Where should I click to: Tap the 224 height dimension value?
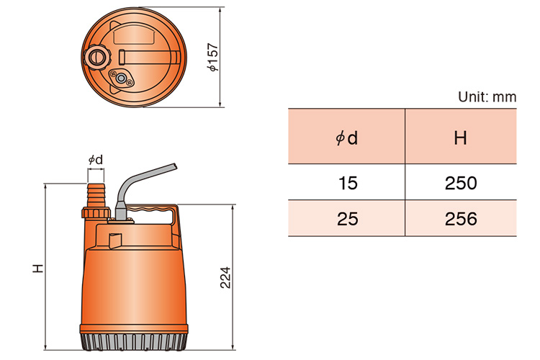[225, 277]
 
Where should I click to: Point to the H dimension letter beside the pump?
[38, 268]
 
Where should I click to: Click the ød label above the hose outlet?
[95, 159]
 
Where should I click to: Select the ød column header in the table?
[347, 137]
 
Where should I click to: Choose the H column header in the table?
[461, 137]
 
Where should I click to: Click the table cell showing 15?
[347, 183]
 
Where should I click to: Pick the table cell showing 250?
[461, 183]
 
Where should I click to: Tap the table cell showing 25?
[347, 219]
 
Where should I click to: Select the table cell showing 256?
[461, 219]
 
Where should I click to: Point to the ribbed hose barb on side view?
[96, 193]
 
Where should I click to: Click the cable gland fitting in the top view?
[122, 78]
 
